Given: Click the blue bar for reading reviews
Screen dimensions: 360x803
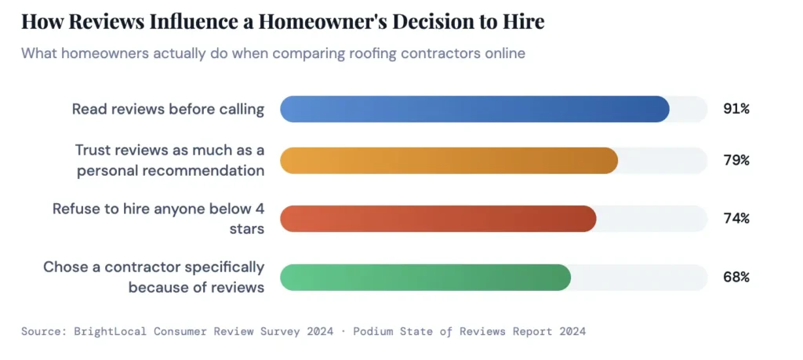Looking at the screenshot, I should tap(474, 109).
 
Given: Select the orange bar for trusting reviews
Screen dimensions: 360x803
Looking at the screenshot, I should tap(449, 160).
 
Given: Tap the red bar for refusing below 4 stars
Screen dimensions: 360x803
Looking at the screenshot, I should tap(438, 218).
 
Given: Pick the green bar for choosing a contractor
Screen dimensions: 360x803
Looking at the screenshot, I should tap(425, 277).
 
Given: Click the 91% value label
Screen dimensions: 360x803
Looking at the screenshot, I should tap(736, 109).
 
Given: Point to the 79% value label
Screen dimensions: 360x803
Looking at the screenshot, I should tap(736, 160).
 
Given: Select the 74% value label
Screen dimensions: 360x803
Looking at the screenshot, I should tap(736, 218).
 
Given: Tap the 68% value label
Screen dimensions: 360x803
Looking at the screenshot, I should tap(736, 277).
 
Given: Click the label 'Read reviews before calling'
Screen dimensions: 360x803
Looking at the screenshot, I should tap(168, 109).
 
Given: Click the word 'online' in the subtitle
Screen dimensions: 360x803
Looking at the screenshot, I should tap(504, 54).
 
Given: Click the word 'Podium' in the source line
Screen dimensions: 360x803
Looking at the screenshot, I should tap(377, 331).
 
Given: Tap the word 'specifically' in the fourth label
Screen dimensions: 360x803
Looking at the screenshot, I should tap(227, 267).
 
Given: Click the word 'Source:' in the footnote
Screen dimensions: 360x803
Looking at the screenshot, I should tap(42, 331).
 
